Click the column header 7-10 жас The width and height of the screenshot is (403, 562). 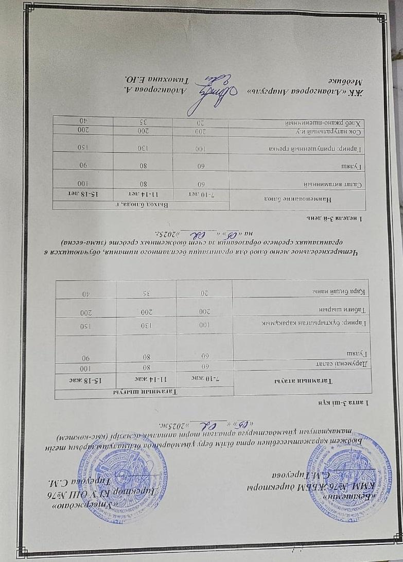click(205, 379)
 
